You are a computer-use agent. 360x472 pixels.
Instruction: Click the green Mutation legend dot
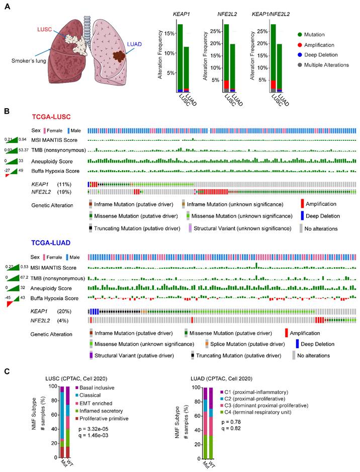[x=300, y=35]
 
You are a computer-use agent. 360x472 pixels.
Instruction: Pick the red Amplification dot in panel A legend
[x=300, y=45]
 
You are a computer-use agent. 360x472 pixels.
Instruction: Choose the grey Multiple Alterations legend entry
[x=300, y=64]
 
